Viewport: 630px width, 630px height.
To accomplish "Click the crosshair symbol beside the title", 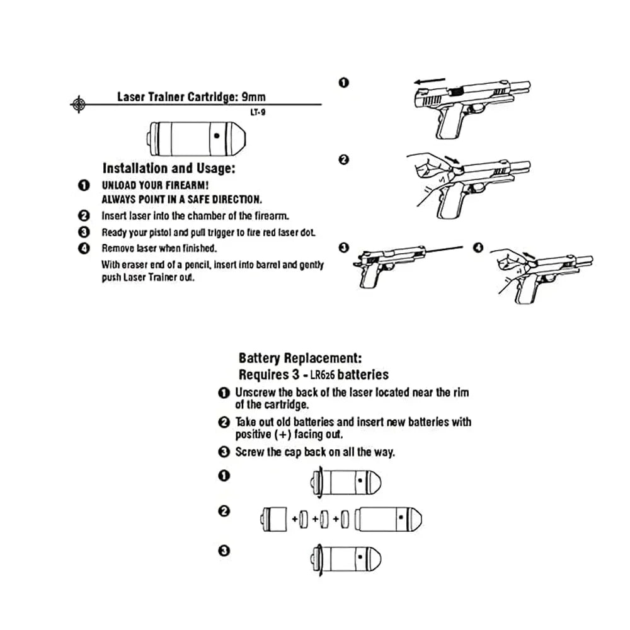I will click(77, 103).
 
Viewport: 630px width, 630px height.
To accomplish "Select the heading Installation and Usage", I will click(169, 168).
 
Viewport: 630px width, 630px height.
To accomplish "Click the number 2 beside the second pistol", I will click(343, 160).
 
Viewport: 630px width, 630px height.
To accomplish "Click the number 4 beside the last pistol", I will click(478, 248).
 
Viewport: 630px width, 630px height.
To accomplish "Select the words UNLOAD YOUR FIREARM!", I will click(155, 186).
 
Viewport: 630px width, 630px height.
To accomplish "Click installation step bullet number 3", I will click(84, 232).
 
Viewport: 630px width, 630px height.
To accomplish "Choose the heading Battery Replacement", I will click(300, 358).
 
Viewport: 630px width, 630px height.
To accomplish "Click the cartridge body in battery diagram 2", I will click(387, 518).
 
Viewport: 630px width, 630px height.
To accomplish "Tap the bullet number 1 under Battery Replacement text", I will click(224, 393).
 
